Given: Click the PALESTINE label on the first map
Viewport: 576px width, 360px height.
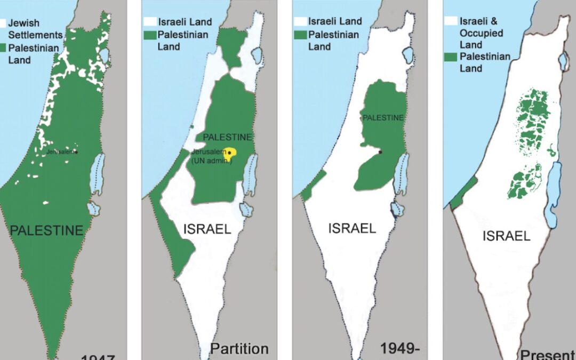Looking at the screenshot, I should point(47,230).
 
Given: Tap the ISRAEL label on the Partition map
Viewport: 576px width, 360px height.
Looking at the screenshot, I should point(207,229).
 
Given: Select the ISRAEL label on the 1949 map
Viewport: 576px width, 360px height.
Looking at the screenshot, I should point(352,228).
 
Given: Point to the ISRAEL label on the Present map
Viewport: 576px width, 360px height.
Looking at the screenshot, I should point(506,235).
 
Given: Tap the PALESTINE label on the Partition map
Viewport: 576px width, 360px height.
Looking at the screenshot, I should point(227,137).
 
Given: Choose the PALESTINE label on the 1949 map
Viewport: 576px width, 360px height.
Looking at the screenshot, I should point(383,117).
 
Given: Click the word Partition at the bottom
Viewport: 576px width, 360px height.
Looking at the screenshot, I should point(239,349).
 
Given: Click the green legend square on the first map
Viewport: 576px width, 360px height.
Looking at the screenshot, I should point(3,49).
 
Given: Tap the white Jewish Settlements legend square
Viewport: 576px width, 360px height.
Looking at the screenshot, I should point(3,23).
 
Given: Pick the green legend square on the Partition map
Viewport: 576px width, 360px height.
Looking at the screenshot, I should point(149,35).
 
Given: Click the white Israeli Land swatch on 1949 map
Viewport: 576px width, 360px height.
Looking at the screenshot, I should point(300,22).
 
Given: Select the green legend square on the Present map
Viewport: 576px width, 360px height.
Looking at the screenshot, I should point(451,57).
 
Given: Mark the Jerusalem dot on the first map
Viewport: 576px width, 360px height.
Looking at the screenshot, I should point(76,152).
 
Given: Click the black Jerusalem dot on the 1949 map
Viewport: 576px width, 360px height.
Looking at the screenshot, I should point(380,153).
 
